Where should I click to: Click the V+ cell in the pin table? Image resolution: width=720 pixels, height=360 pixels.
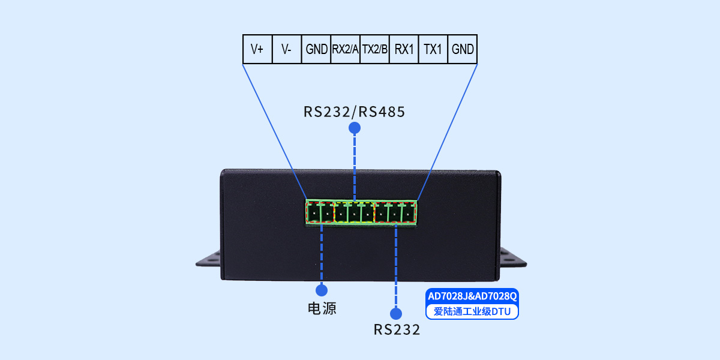click(257, 49)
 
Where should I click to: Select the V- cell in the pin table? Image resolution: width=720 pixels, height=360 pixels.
click(287, 49)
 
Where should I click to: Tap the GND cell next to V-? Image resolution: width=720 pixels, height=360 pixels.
click(316, 49)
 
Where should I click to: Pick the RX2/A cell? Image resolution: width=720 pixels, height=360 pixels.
click(346, 49)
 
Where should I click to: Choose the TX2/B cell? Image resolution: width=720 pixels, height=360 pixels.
click(375, 49)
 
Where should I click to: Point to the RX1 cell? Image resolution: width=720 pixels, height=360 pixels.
click(404, 49)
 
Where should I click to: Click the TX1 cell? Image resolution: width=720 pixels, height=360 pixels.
click(433, 49)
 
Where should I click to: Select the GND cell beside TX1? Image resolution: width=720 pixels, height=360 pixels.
click(463, 49)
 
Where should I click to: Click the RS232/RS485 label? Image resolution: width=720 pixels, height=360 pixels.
click(354, 112)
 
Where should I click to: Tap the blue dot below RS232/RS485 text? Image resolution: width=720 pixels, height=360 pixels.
click(355, 128)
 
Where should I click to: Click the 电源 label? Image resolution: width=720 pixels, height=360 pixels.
click(322, 309)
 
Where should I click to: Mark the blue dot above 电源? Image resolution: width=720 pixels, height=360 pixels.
click(322, 290)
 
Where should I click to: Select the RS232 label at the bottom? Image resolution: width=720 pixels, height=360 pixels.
click(397, 329)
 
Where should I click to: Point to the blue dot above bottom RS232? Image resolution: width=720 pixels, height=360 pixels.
click(395, 313)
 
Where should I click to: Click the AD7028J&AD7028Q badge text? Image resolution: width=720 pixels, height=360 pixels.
click(472, 296)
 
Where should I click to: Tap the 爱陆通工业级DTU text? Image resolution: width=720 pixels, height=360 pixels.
click(472, 312)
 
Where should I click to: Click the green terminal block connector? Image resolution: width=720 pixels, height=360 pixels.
click(361, 212)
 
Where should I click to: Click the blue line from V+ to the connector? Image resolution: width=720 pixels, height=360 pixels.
click(275, 132)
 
